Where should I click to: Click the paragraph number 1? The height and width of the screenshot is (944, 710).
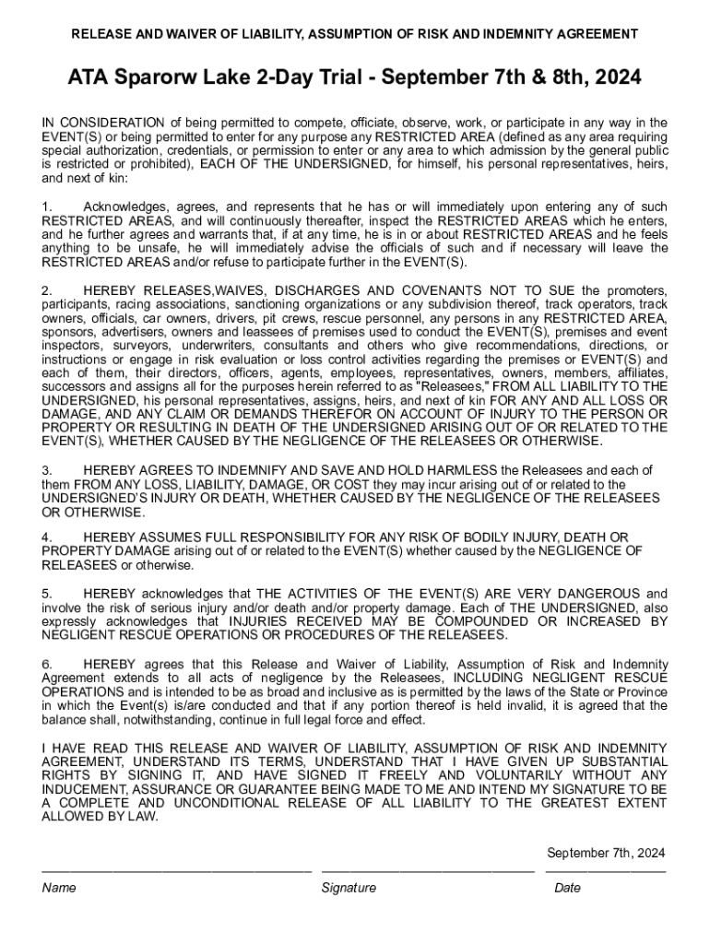(46, 206)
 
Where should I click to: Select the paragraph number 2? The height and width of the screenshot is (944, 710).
(46, 291)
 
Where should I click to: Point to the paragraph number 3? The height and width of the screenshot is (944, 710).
(46, 470)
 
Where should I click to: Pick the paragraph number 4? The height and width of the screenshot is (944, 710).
(46, 537)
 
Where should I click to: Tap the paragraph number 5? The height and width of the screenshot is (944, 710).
(46, 594)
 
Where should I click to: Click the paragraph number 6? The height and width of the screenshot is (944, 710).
(46, 664)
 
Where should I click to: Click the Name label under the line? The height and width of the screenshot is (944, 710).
(58, 888)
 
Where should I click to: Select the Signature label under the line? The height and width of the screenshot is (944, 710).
(349, 888)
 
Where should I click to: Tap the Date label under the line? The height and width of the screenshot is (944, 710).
(567, 888)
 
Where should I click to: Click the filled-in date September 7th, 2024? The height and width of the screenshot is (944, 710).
(606, 853)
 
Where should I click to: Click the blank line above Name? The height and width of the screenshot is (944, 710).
(176, 870)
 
